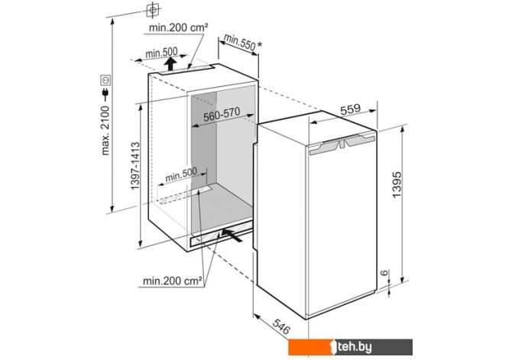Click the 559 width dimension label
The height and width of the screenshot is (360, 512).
(x=350, y=109)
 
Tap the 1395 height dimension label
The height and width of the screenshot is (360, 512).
(x=397, y=184)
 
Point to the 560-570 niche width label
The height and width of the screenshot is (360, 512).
(x=222, y=114)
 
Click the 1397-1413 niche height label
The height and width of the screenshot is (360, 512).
(x=135, y=166)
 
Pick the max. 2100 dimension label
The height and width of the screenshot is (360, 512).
(x=105, y=130)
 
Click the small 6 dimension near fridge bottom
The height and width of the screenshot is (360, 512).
(x=384, y=272)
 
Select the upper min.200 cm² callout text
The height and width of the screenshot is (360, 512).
(x=178, y=28)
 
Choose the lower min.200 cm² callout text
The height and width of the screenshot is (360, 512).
(x=173, y=281)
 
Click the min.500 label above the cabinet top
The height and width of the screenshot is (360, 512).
(x=162, y=52)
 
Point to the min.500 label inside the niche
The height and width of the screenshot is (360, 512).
(x=181, y=175)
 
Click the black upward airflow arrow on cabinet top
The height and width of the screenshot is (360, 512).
(x=170, y=63)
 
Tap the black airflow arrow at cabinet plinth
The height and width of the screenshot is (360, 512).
(x=232, y=235)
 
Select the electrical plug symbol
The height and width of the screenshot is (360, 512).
(x=105, y=94)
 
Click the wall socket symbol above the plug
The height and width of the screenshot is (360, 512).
(x=105, y=79)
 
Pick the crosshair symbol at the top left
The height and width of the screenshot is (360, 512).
(x=153, y=10)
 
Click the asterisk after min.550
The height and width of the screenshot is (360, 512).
(x=259, y=46)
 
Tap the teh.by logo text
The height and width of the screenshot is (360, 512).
(x=355, y=346)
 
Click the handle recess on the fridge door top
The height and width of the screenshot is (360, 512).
(x=342, y=144)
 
